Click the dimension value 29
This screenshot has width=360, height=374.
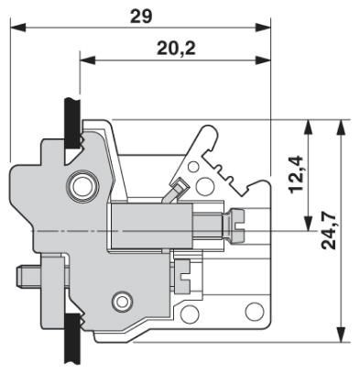click(x=141, y=16)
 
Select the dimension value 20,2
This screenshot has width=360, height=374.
click(x=176, y=48)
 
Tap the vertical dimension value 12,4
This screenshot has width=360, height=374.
click(x=296, y=174)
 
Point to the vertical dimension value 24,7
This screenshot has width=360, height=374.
click(x=329, y=230)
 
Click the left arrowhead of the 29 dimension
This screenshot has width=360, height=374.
click(x=18, y=27)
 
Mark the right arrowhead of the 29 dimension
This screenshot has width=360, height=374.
click(x=263, y=27)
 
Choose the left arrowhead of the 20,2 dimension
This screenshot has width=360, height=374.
click(x=88, y=60)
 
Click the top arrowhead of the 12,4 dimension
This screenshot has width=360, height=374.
click(x=309, y=127)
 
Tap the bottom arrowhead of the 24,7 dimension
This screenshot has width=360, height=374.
click(x=341, y=335)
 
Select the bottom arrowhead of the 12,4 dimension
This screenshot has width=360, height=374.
click(x=309, y=223)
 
